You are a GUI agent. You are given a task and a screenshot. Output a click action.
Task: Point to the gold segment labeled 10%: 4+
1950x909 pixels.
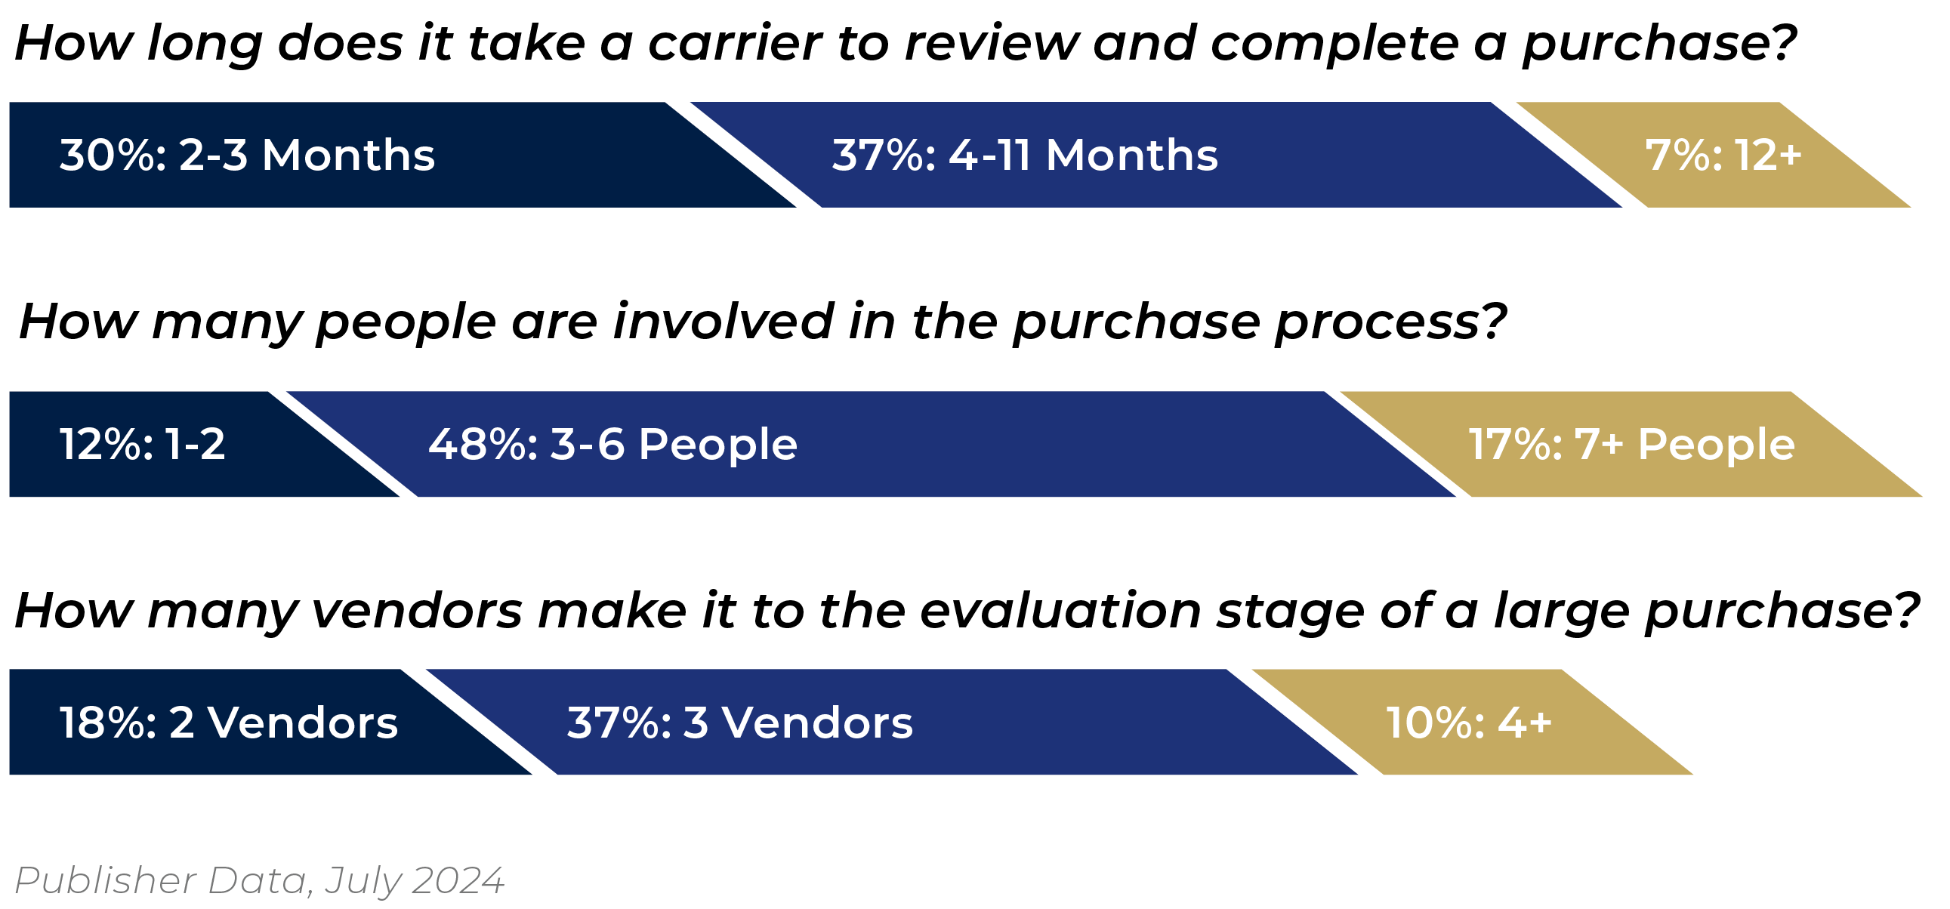click(x=1469, y=723)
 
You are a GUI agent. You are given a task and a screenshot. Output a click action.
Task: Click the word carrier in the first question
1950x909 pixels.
click(x=734, y=43)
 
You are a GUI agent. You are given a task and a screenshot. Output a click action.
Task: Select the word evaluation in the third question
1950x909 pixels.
click(x=1060, y=610)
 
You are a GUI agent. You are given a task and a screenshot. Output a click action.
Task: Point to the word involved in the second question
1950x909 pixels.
click(x=723, y=322)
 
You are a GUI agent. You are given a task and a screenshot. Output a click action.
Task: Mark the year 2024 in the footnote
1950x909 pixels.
click(x=458, y=880)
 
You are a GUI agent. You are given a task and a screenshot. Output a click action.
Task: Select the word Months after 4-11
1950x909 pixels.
click(x=1131, y=156)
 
